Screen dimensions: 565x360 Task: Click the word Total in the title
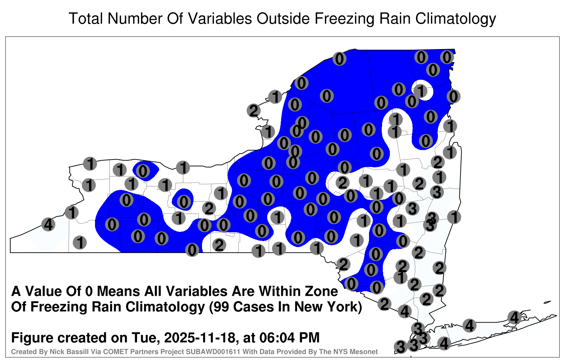tap(86, 18)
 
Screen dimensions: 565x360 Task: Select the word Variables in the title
tap(220, 18)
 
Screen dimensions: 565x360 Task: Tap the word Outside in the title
tap(283, 18)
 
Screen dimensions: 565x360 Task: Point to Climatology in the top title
tap(456, 19)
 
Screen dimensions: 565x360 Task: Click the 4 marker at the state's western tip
tap(48, 224)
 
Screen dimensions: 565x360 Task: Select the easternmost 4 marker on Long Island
tap(514, 317)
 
